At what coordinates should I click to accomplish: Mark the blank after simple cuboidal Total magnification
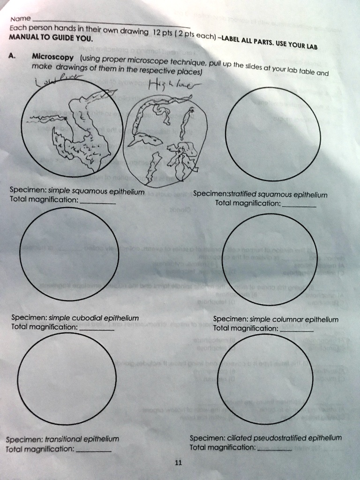97,330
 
